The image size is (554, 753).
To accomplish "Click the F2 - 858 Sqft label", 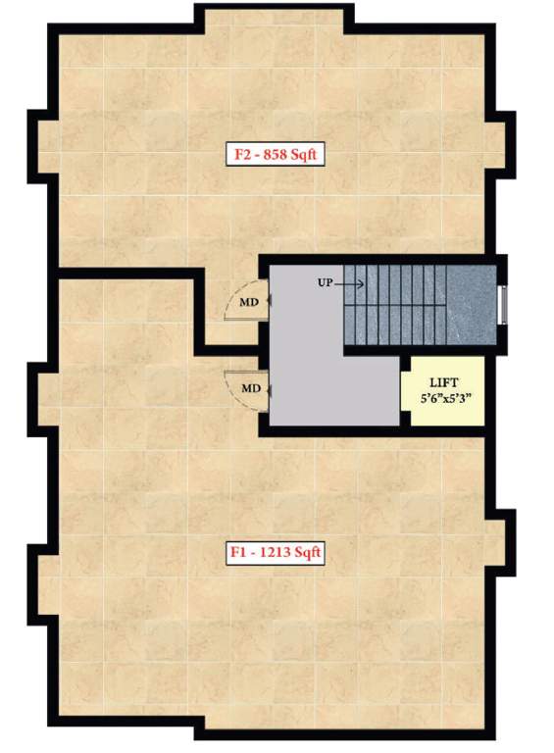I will pos(276,154).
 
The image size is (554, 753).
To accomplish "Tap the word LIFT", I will pos(445,383).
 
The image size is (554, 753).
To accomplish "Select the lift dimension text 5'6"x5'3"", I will pos(445,400).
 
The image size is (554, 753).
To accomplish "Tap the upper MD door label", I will pos(249,302).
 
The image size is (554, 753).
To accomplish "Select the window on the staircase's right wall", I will pos(503,304).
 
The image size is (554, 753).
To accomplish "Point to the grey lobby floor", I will pos(314,373).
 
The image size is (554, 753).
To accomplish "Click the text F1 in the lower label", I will pos(236,553).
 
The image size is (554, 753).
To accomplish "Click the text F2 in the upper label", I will pos(240,154).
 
